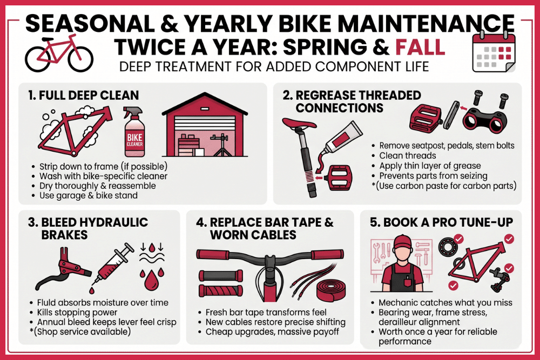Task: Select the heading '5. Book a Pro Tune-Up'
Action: pyautogui.click(x=438, y=222)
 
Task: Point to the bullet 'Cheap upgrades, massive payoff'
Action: pyautogui.click(x=269, y=332)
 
